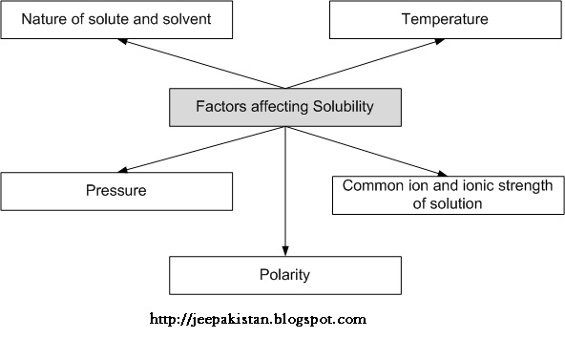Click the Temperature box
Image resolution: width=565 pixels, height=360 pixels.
(x=445, y=19)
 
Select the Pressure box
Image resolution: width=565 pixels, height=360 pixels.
(x=116, y=191)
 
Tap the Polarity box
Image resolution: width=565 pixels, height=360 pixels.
(x=285, y=275)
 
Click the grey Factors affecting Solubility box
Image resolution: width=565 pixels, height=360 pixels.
(x=285, y=108)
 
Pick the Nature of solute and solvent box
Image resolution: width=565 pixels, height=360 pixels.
(x=116, y=19)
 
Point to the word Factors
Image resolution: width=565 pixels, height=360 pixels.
(x=219, y=108)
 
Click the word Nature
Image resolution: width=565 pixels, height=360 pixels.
(x=43, y=19)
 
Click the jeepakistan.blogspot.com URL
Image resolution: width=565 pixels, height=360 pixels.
(x=259, y=319)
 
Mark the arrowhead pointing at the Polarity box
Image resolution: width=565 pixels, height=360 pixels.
(x=285, y=252)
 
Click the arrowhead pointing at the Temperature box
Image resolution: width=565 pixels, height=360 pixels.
(x=436, y=43)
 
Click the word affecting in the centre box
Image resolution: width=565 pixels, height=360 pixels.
(x=277, y=108)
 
